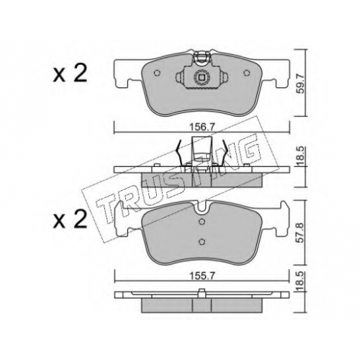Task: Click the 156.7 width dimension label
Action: [202, 127]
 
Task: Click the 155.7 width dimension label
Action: [202, 276]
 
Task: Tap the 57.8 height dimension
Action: [301, 233]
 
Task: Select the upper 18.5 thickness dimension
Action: [301, 156]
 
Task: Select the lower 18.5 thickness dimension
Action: [301, 280]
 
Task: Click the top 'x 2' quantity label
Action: [70, 74]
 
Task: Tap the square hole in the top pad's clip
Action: [202, 77]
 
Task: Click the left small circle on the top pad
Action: [157, 73]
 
